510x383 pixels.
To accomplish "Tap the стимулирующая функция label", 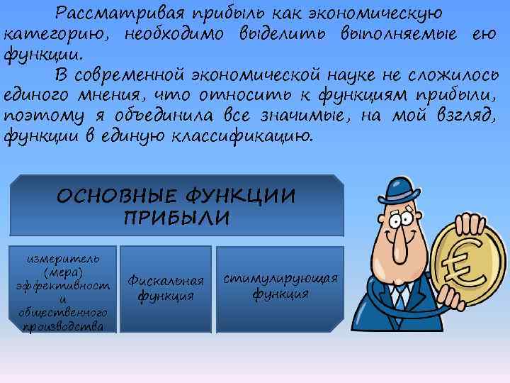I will point(280,285).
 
